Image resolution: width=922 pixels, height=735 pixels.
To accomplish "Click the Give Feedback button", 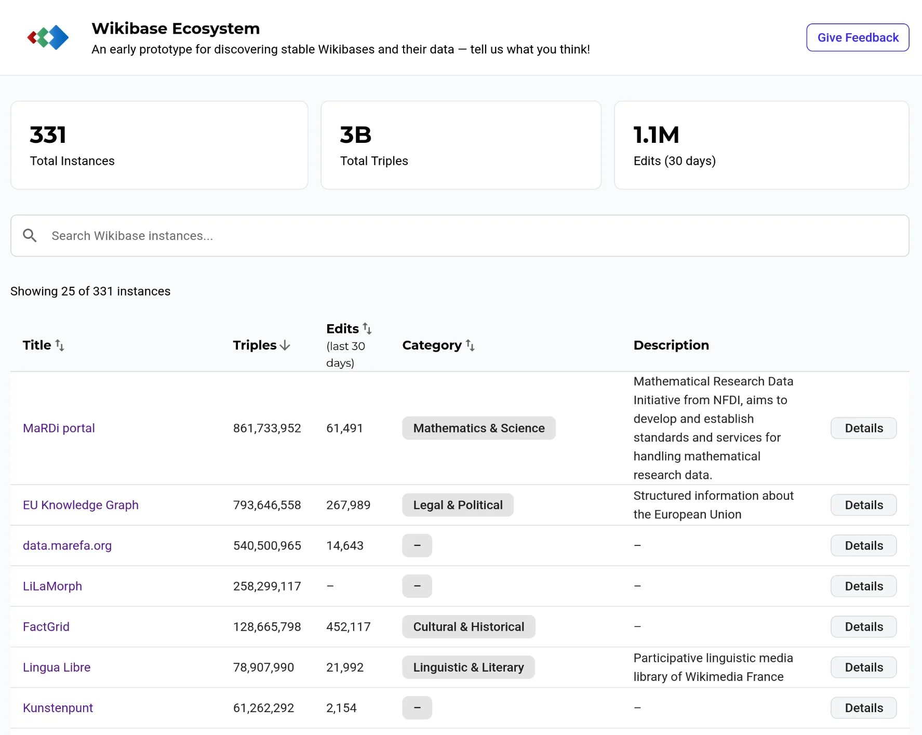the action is pos(858,37).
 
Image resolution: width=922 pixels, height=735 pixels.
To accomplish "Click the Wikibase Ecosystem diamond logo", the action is pos(48,37).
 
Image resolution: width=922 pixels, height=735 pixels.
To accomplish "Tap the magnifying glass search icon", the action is pos(30,236).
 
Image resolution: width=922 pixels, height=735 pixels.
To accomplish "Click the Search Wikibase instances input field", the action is pos(460,236).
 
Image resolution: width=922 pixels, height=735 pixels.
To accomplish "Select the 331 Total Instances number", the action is pos(48,135).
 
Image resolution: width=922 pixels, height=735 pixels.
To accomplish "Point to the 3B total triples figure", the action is pos(356,135).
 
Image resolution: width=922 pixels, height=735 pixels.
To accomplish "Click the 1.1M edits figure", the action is pos(657,135).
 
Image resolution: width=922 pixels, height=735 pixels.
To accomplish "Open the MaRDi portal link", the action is pos(59,428).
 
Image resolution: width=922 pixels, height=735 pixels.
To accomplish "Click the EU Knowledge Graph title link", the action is pos(81,505).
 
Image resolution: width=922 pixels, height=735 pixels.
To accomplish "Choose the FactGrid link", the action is pos(46,626).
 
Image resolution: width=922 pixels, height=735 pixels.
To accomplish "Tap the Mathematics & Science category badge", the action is pos(479,428).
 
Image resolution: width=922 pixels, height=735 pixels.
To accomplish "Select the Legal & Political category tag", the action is pos(458,505).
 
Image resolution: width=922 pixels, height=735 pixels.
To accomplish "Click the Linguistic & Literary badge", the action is pos(469,667).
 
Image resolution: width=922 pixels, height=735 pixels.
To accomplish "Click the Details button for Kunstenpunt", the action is pos(864,708).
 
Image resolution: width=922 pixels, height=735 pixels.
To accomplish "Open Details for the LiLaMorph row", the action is pos(864,586).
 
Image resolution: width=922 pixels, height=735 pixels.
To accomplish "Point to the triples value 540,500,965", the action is pos(267,545).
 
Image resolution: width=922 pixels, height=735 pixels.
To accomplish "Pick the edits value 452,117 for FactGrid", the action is pos(349,626).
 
